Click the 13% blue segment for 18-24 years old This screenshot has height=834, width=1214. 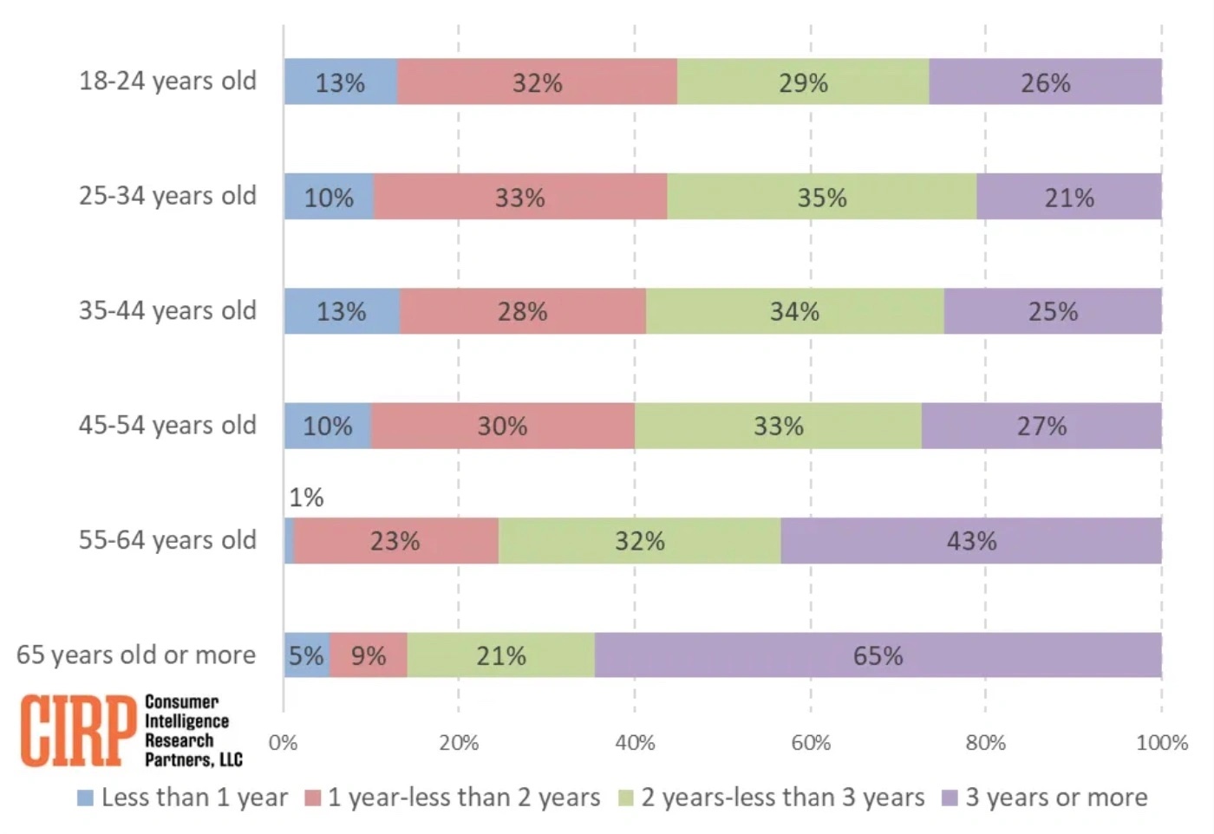pos(340,82)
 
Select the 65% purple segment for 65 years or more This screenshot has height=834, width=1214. pos(878,655)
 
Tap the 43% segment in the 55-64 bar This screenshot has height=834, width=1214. pos(971,541)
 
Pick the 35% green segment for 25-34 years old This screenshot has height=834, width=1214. pos(821,197)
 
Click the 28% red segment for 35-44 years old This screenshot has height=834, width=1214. pos(522,311)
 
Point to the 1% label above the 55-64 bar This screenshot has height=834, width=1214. pos(306,498)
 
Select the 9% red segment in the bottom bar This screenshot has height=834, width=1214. pos(369,655)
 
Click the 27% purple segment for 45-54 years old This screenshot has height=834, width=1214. pos(1041,426)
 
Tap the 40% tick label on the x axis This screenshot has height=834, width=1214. pos(635,743)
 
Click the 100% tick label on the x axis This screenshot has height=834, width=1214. pos(1162,743)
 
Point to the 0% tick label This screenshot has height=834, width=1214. pos(283,743)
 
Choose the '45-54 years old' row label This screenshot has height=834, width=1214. pos(167,426)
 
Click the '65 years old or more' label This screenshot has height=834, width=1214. pos(136,655)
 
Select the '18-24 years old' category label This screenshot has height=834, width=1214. pos(167,81)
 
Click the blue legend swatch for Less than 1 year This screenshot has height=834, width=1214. pos(85,798)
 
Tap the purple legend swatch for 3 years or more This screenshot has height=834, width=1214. pos(950,798)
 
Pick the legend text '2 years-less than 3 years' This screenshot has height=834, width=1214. pos(782,798)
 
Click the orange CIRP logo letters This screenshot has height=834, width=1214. pos(78,730)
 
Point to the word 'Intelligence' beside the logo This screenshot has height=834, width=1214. pos(186,720)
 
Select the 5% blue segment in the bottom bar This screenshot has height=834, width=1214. pos(306,655)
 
